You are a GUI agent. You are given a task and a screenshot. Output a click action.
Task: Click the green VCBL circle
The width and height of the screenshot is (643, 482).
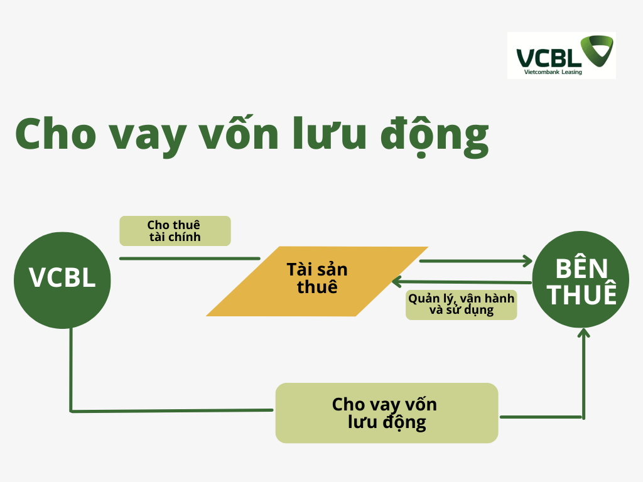click(x=62, y=281)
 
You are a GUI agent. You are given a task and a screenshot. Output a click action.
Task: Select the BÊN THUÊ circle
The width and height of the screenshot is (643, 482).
click(x=581, y=279)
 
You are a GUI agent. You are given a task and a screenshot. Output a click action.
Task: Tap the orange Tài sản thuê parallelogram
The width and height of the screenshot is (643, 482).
click(x=317, y=281)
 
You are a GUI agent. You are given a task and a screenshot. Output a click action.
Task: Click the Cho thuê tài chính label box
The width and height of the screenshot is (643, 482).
click(x=175, y=231)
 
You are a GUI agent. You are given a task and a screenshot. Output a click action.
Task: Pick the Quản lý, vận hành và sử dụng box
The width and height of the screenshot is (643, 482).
click(x=462, y=305)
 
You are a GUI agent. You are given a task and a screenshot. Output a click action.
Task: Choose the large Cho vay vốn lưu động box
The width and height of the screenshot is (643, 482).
click(x=387, y=413)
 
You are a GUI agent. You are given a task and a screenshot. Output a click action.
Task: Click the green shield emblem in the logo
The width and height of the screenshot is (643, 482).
click(x=598, y=50)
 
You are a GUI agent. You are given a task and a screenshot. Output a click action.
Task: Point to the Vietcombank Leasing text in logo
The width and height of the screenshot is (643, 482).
click(x=553, y=72)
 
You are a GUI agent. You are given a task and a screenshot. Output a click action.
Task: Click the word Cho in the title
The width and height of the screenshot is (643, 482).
click(x=56, y=134)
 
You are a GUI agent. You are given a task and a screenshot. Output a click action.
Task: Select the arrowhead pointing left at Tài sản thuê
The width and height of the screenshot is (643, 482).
click(x=397, y=282)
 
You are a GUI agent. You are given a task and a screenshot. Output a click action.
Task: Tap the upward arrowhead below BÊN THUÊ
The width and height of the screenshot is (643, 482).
click(x=583, y=333)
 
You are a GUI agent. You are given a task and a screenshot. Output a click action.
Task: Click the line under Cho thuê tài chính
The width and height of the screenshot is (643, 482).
click(x=190, y=259)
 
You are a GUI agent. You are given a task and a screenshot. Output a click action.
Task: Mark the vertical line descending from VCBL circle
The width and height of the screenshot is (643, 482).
click(x=71, y=369)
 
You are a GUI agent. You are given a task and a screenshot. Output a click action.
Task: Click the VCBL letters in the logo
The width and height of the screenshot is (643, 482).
click(x=549, y=58)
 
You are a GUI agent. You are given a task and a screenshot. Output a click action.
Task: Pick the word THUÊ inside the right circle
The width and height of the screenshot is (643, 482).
click(x=582, y=294)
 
